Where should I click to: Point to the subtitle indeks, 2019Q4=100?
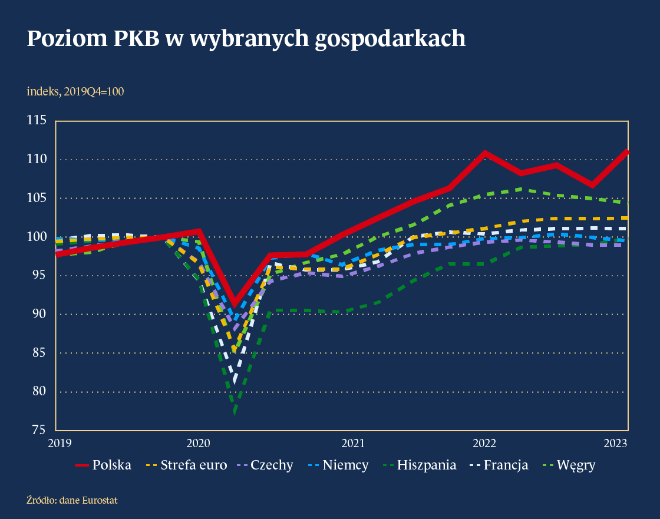[75, 91]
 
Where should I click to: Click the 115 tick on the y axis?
[37, 121]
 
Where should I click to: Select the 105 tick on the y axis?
[37, 198]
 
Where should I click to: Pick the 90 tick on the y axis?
[39, 314]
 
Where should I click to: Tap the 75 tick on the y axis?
[39, 430]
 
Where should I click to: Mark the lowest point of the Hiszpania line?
[235, 412]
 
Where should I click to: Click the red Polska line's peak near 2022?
[484, 153]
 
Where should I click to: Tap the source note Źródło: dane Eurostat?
[72, 500]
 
